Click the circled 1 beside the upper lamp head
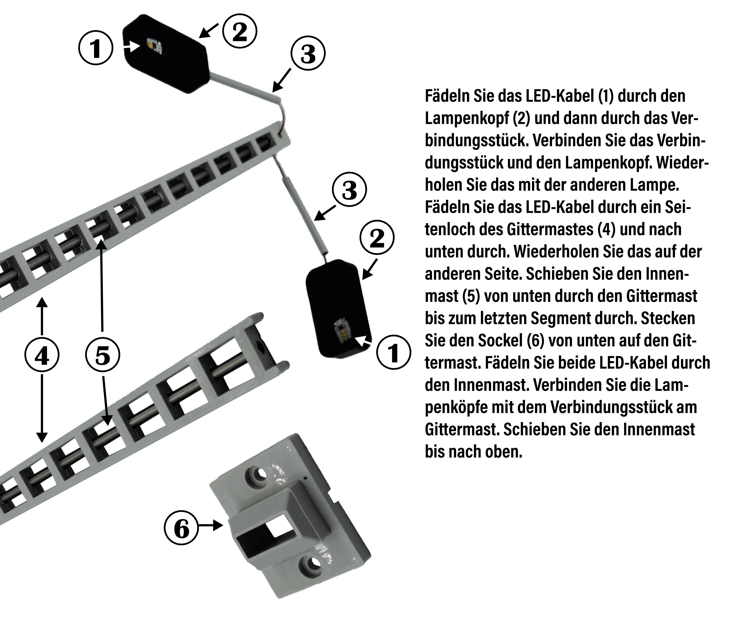(x=95, y=48)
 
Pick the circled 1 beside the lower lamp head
(x=393, y=353)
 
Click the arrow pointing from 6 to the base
(x=211, y=525)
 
